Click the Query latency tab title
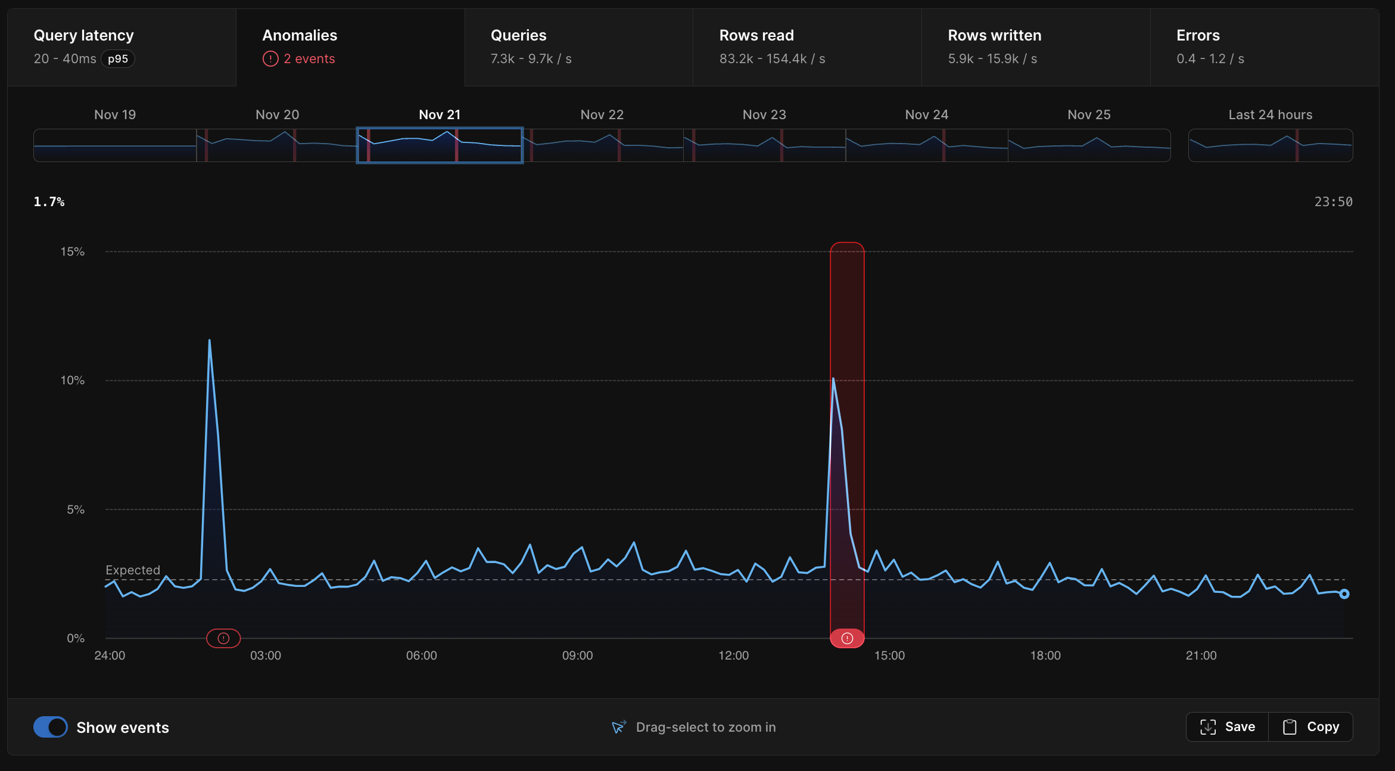click(x=83, y=36)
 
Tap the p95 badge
click(x=118, y=59)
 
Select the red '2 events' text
click(x=309, y=59)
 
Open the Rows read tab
click(x=756, y=36)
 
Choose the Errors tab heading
click(x=1198, y=36)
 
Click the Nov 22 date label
click(x=602, y=114)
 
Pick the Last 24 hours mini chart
click(x=1270, y=145)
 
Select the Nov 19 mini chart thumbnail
click(x=115, y=145)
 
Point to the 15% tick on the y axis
click(x=73, y=251)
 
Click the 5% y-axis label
click(x=76, y=509)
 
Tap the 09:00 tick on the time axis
click(x=577, y=655)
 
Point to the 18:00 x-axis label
click(x=1045, y=655)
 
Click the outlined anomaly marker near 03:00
click(x=223, y=638)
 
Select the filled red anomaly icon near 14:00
click(x=847, y=638)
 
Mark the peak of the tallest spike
click(x=210, y=340)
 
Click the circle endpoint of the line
click(x=1344, y=594)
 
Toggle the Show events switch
click(x=51, y=727)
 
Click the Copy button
click(x=1311, y=727)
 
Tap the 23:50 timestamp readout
click(x=1333, y=202)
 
